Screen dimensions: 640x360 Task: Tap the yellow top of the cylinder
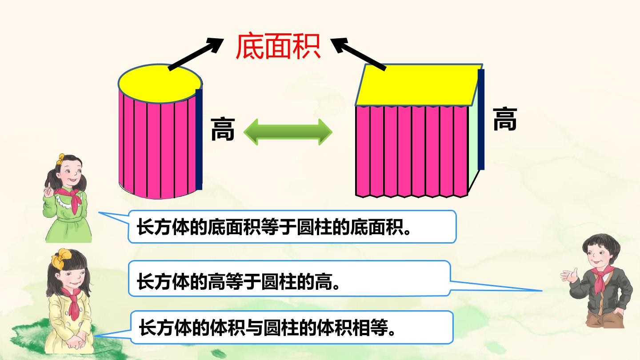click(x=160, y=84)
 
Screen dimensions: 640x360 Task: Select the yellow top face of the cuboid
click(x=419, y=84)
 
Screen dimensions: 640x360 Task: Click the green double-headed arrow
click(x=288, y=132)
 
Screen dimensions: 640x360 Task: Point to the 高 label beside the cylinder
click(x=223, y=129)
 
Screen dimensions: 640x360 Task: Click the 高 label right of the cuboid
click(x=505, y=119)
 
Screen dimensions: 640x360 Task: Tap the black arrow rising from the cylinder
click(x=196, y=54)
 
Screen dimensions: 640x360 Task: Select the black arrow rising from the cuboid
click(x=358, y=54)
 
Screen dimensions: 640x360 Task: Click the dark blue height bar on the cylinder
click(x=199, y=140)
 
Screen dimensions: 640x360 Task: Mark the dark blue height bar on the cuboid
click(x=481, y=120)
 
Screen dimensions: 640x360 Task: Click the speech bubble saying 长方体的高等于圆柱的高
click(x=289, y=278)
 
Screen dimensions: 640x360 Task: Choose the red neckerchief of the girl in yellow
click(x=72, y=303)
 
